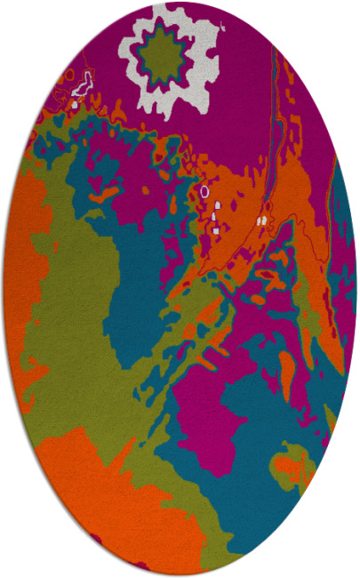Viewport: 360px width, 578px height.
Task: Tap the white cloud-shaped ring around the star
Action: tap(196, 84)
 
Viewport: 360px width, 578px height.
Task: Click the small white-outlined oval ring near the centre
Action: tap(204, 191)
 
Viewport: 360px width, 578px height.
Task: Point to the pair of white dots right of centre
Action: tap(261, 219)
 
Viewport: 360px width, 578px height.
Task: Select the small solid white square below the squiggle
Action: tap(75, 104)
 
